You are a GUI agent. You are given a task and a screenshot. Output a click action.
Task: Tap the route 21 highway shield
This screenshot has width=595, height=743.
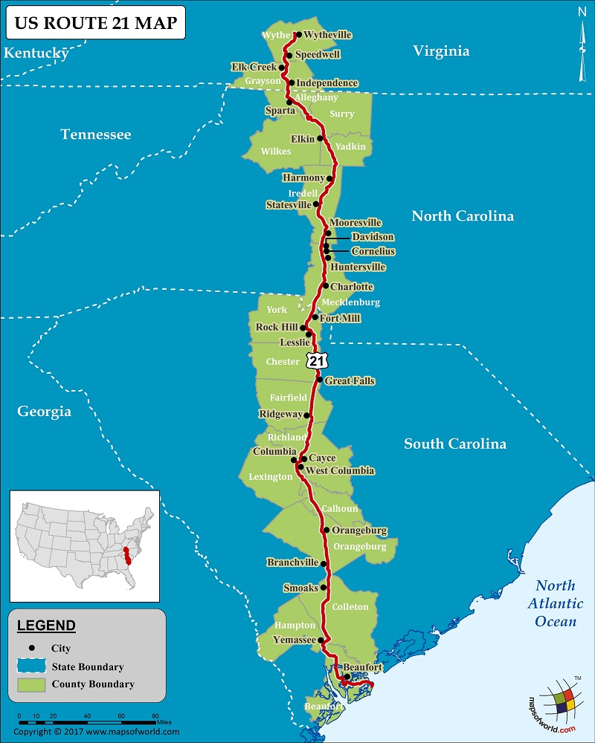point(317,360)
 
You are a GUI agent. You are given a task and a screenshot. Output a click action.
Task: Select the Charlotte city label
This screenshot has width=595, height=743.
point(352,287)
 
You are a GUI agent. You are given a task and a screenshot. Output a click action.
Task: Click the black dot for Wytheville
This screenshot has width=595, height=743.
point(297,34)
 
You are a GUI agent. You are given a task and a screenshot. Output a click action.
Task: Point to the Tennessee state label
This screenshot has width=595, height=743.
point(96,134)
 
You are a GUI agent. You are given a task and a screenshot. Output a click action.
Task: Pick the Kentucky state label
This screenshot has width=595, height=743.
point(36,53)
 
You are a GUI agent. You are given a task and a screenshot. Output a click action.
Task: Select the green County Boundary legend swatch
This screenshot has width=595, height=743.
point(30,684)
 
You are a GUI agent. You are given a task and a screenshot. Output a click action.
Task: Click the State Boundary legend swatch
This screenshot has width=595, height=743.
point(30,666)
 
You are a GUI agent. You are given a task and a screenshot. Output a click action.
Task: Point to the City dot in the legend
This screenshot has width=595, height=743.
point(31,649)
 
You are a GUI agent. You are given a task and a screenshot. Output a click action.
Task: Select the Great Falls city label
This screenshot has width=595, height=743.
point(350,381)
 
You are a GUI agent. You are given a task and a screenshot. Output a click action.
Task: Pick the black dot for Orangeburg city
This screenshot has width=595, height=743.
point(327,530)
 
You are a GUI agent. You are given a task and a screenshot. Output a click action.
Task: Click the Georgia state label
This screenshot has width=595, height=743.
point(45,412)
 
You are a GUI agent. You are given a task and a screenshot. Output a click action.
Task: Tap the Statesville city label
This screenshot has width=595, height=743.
point(289,204)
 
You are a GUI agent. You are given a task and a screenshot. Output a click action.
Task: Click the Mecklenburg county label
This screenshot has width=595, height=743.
point(350,302)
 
